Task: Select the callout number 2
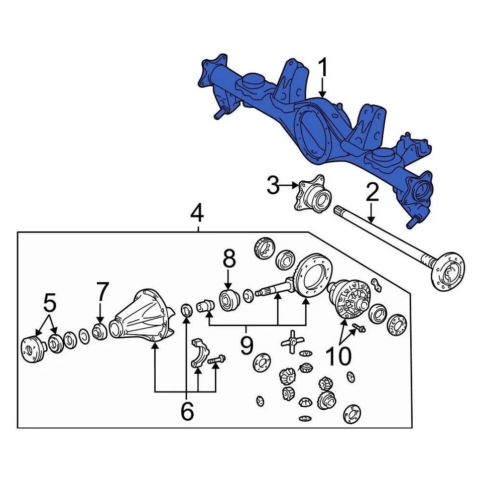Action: (x=372, y=192)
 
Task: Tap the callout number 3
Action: (x=273, y=186)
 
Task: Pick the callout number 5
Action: (x=50, y=303)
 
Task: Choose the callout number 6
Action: (x=187, y=411)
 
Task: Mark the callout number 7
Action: (x=102, y=292)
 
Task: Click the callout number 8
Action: (x=229, y=260)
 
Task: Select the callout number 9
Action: (x=246, y=346)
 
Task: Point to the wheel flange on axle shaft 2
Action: (x=449, y=271)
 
